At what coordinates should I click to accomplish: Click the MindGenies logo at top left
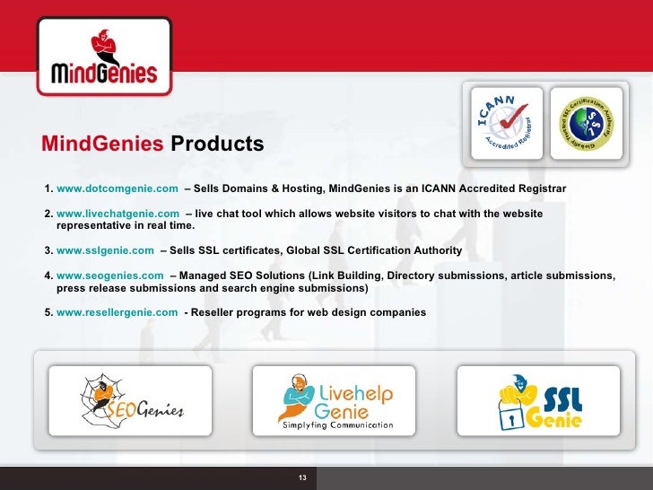[x=104, y=57]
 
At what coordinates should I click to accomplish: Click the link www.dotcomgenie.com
[x=118, y=188]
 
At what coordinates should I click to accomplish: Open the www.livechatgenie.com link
[x=118, y=214]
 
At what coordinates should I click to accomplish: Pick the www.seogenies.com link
[x=109, y=276]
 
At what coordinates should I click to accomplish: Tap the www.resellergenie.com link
[x=117, y=312]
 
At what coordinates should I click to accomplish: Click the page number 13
[x=302, y=477]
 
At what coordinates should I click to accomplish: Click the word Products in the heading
[x=217, y=144]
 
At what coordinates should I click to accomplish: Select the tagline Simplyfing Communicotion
[x=337, y=425]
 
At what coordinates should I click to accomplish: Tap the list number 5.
[x=48, y=312]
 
